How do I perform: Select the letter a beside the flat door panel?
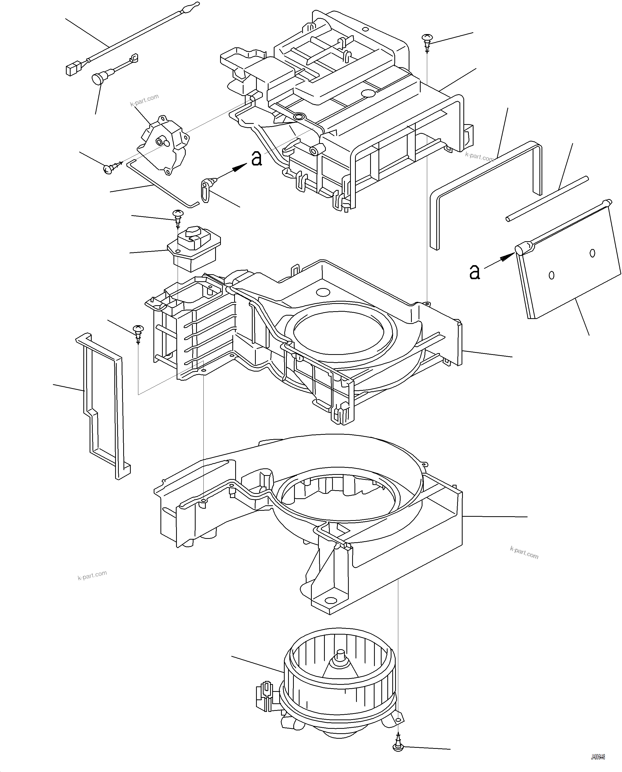coord(474,272)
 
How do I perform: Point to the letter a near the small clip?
coord(256,159)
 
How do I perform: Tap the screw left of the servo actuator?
coord(109,168)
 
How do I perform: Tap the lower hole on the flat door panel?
coord(551,275)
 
